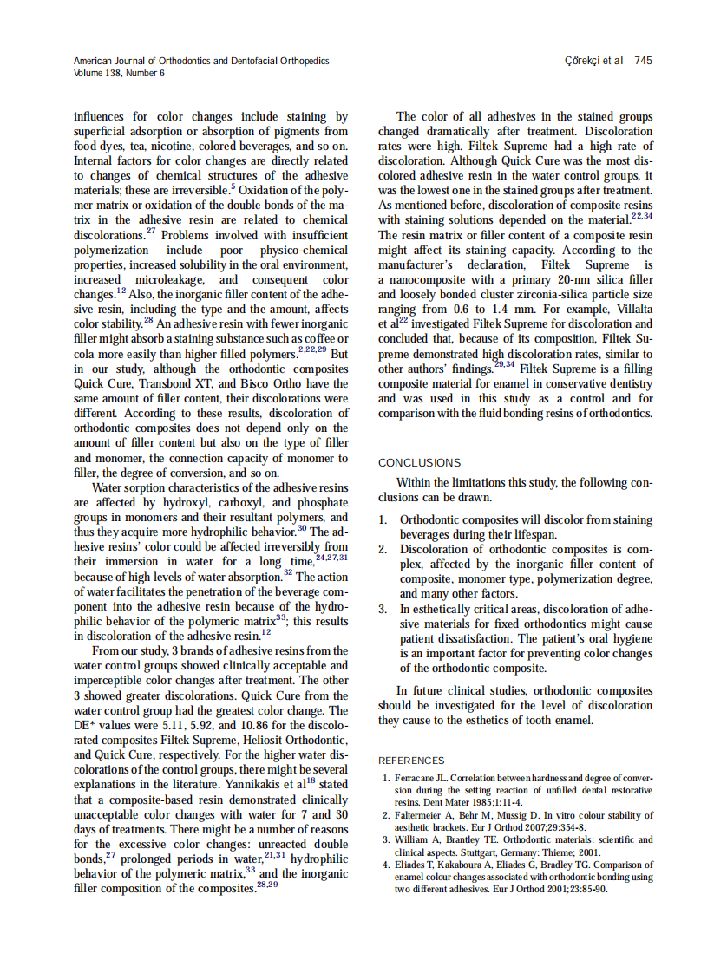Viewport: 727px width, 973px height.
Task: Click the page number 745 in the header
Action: click(x=643, y=61)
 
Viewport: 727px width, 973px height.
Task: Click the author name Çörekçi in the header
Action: click(x=582, y=61)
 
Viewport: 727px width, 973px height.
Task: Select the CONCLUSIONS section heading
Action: click(x=420, y=463)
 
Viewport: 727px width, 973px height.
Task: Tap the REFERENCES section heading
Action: click(x=411, y=761)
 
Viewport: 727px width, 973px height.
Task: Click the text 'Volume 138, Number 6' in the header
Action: click(x=119, y=73)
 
